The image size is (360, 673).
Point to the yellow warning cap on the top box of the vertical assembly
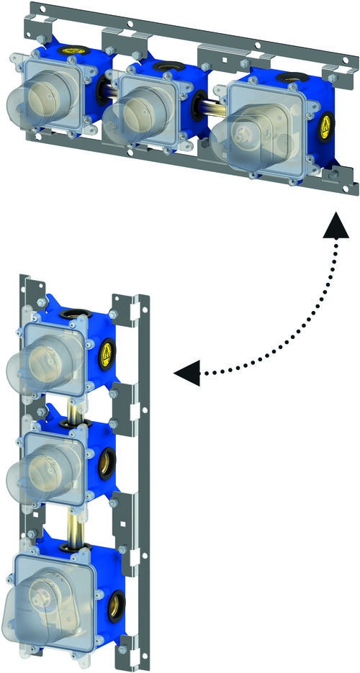point(107,353)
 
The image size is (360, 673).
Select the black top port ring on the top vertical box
point(79,315)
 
